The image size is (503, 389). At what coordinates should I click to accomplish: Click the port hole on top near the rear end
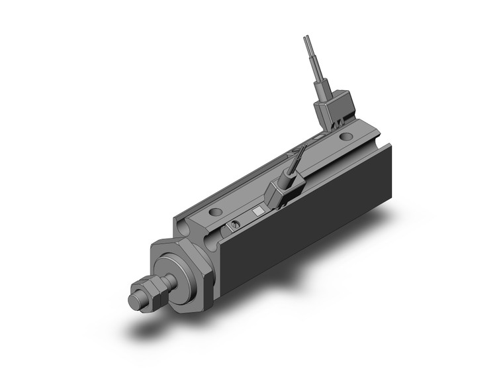click(x=346, y=137)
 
